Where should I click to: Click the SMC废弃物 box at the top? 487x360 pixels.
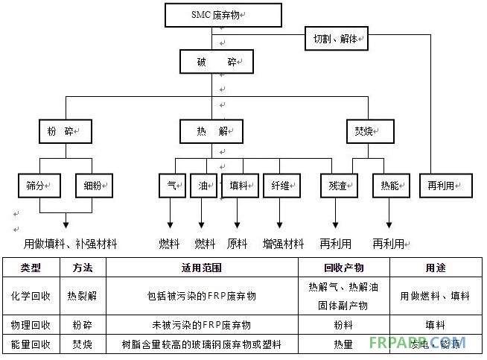pyautogui.click(x=223, y=15)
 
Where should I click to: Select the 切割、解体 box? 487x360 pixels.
pyautogui.click(x=335, y=40)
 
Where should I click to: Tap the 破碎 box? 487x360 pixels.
pyautogui.click(x=211, y=61)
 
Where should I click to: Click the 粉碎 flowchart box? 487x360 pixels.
pyautogui.click(x=65, y=131)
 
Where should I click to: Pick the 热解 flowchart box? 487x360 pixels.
pyautogui.click(x=211, y=131)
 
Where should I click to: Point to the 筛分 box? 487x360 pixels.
pyautogui.click(x=39, y=185)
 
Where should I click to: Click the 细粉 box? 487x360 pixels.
pyautogui.click(x=93, y=185)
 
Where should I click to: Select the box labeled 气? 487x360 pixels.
pyautogui.click(x=170, y=185)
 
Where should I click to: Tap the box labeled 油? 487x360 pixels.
pyautogui.click(x=202, y=185)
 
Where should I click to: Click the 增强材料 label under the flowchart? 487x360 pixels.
pyautogui.click(x=283, y=244)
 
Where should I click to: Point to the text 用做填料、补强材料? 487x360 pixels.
pyautogui.click(x=71, y=244)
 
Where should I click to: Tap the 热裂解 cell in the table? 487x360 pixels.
pyautogui.click(x=82, y=296)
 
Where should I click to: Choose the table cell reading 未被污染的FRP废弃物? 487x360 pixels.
pyautogui.click(x=202, y=326)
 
